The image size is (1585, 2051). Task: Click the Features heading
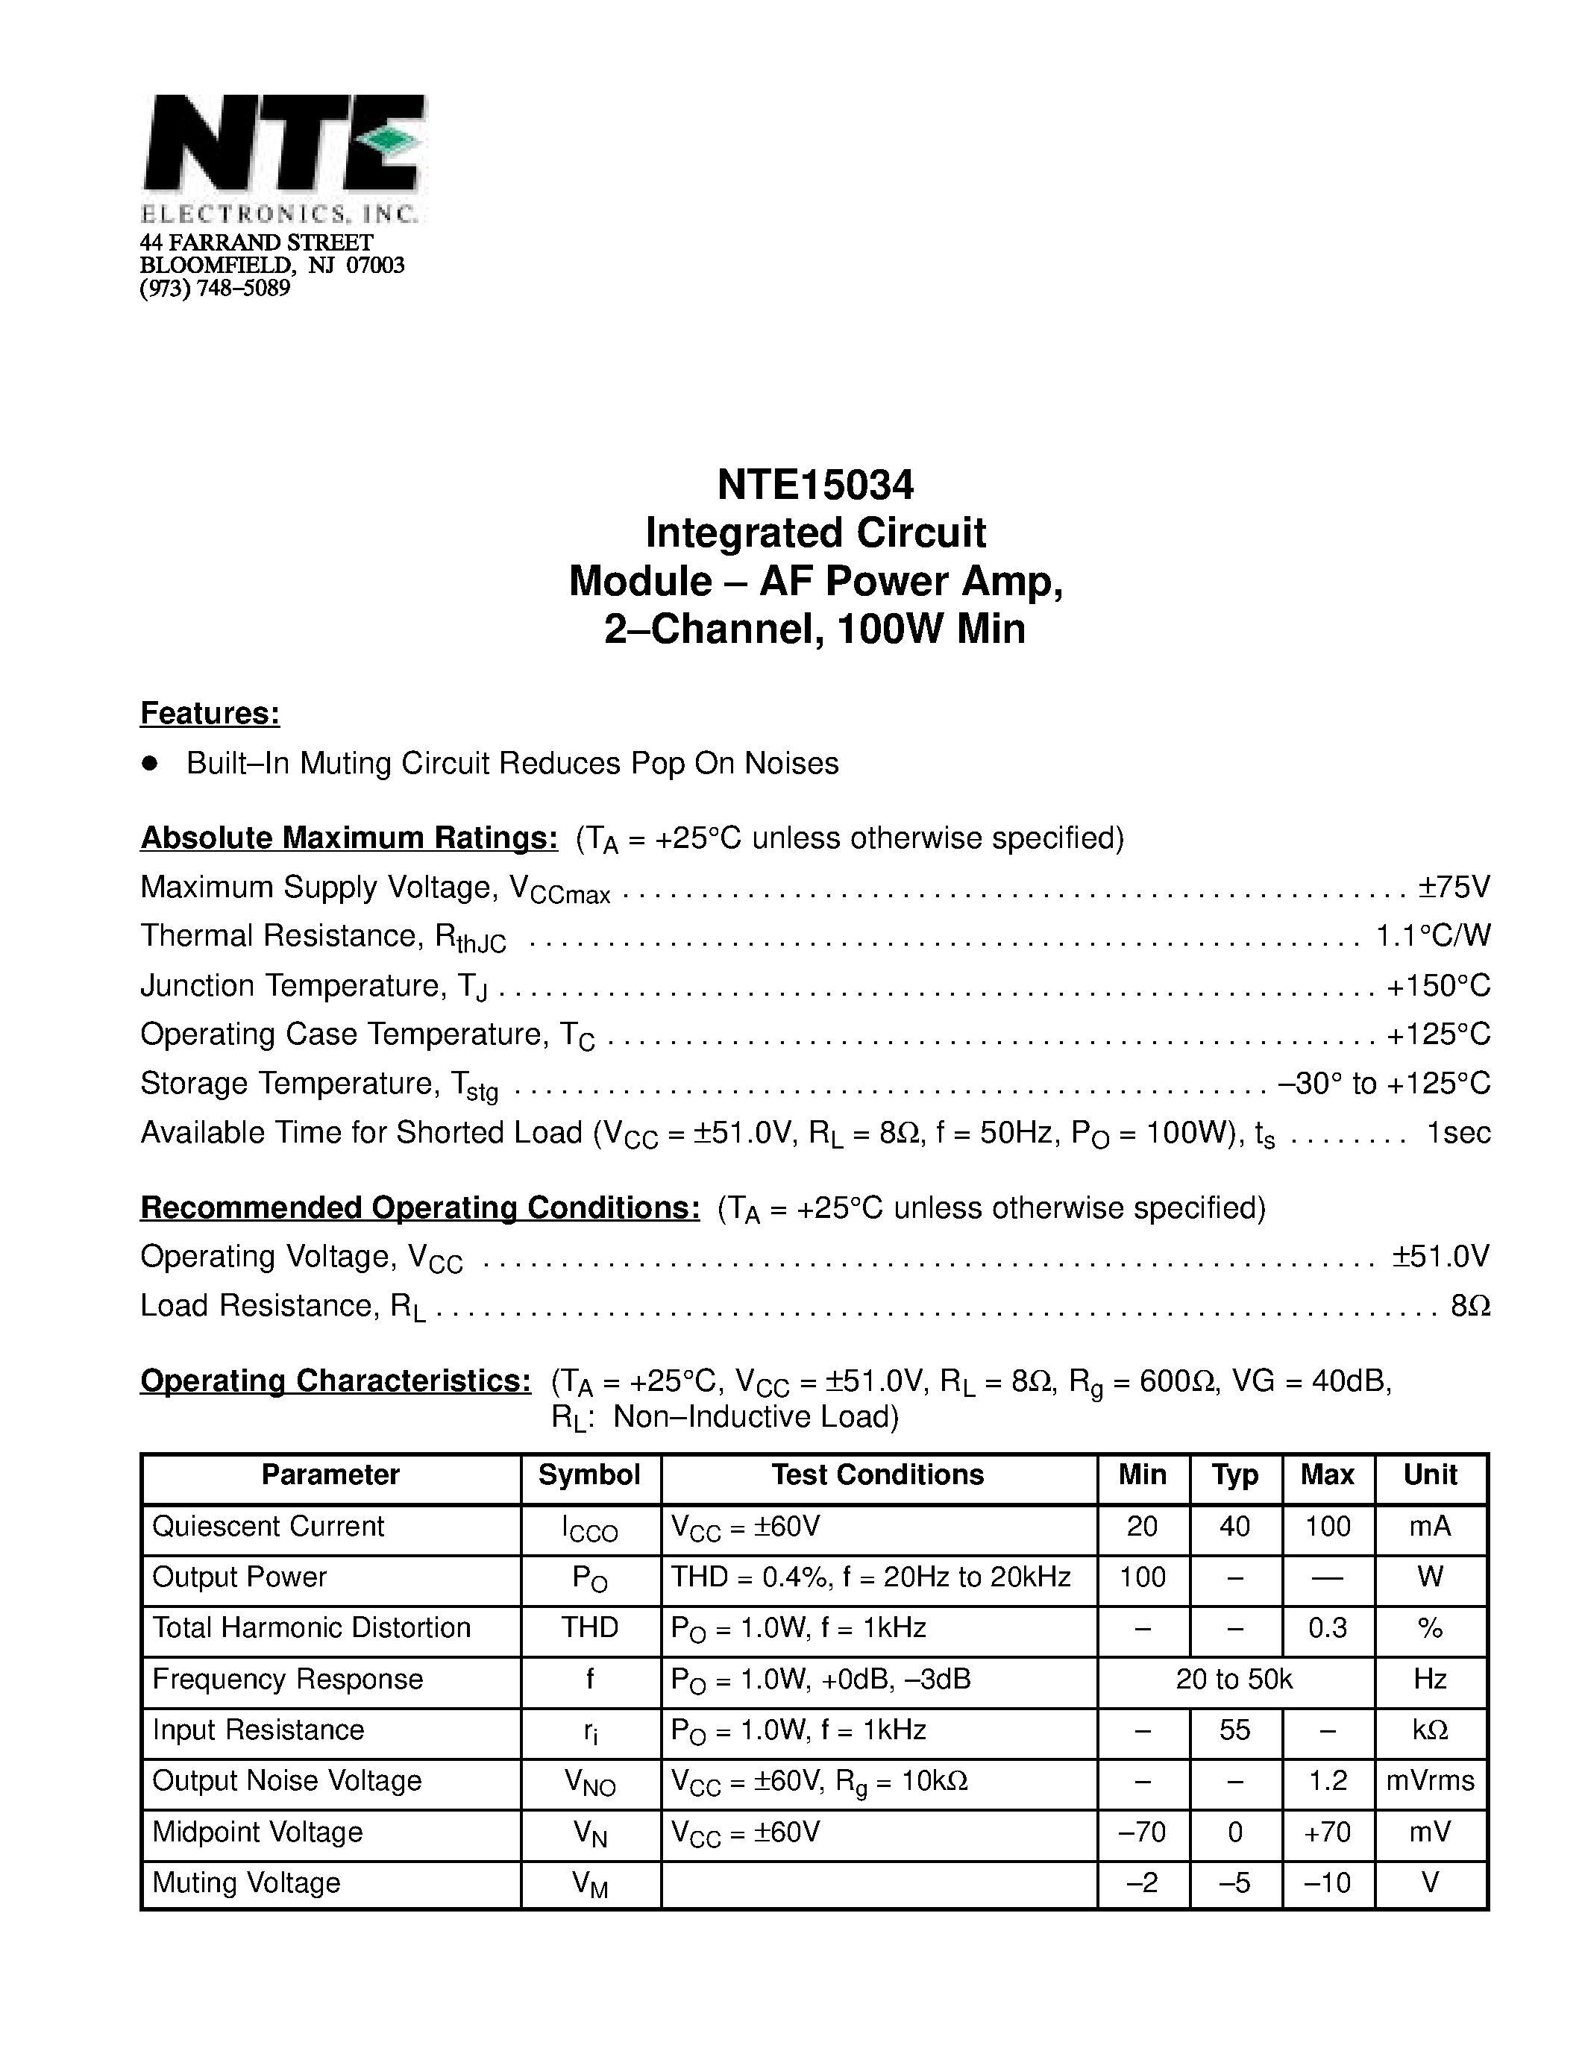point(210,714)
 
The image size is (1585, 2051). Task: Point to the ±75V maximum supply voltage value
point(1454,887)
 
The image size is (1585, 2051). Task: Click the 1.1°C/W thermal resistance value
point(1433,935)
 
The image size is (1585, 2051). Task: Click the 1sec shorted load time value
point(1458,1133)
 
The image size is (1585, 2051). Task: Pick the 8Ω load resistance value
point(1470,1305)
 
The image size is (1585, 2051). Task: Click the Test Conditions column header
point(877,1475)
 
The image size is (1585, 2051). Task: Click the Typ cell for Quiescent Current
point(1234,1527)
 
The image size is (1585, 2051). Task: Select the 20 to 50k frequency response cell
point(1234,1679)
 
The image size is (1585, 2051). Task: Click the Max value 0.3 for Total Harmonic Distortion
point(1327,1628)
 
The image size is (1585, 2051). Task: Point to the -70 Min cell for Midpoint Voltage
point(1142,1832)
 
